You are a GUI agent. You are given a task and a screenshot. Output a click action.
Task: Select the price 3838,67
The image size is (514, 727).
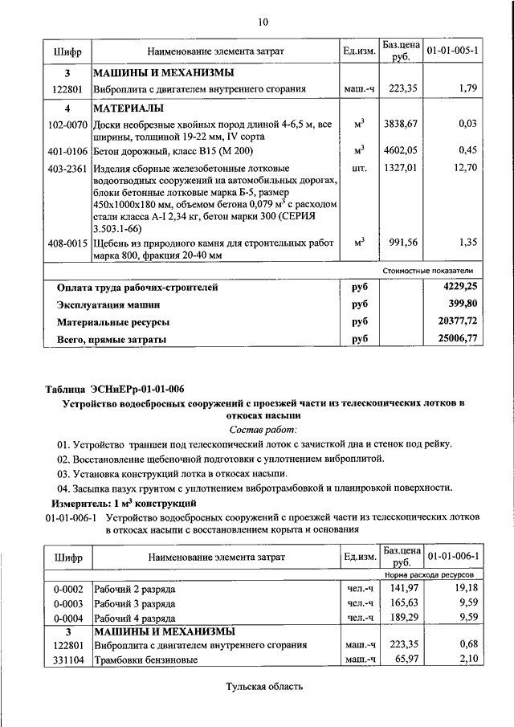(x=402, y=124)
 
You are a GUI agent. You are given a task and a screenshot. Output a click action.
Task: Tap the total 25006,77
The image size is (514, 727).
(x=455, y=339)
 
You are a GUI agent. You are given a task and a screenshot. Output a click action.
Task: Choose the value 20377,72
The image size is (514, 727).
(x=455, y=321)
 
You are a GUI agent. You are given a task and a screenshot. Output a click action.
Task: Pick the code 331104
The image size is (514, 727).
(x=67, y=660)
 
